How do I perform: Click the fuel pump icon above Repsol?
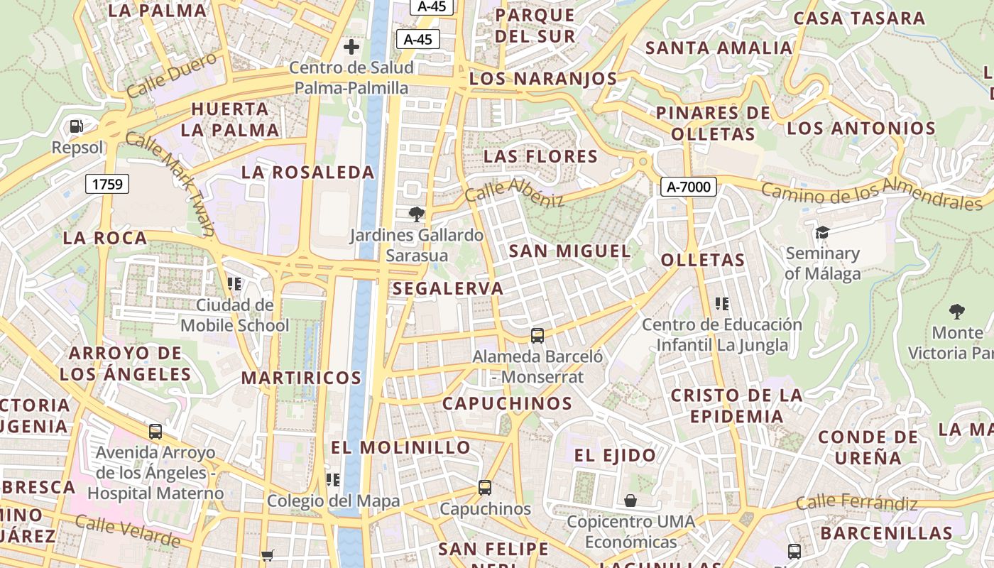pyautogui.click(x=76, y=127)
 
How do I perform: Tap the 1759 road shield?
pyautogui.click(x=107, y=185)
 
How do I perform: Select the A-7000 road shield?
pyautogui.click(x=688, y=187)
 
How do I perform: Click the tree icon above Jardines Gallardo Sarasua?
pyautogui.click(x=417, y=214)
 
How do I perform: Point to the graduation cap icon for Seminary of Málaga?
pyautogui.click(x=822, y=232)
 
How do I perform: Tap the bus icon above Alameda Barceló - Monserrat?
pyautogui.click(x=537, y=335)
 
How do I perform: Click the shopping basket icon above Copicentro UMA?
pyautogui.click(x=630, y=501)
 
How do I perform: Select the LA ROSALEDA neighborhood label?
pyautogui.click(x=307, y=173)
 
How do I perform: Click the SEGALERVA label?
pyautogui.click(x=447, y=288)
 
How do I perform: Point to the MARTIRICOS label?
pyautogui.click(x=301, y=378)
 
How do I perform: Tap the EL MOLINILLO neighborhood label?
pyautogui.click(x=400, y=447)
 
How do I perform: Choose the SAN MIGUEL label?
pyautogui.click(x=569, y=251)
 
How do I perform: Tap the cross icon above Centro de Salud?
pyautogui.click(x=351, y=48)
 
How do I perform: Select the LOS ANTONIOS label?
pyautogui.click(x=861, y=129)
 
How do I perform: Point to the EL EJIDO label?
pyautogui.click(x=615, y=455)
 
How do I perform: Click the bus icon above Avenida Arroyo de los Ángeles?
pyautogui.click(x=155, y=431)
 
